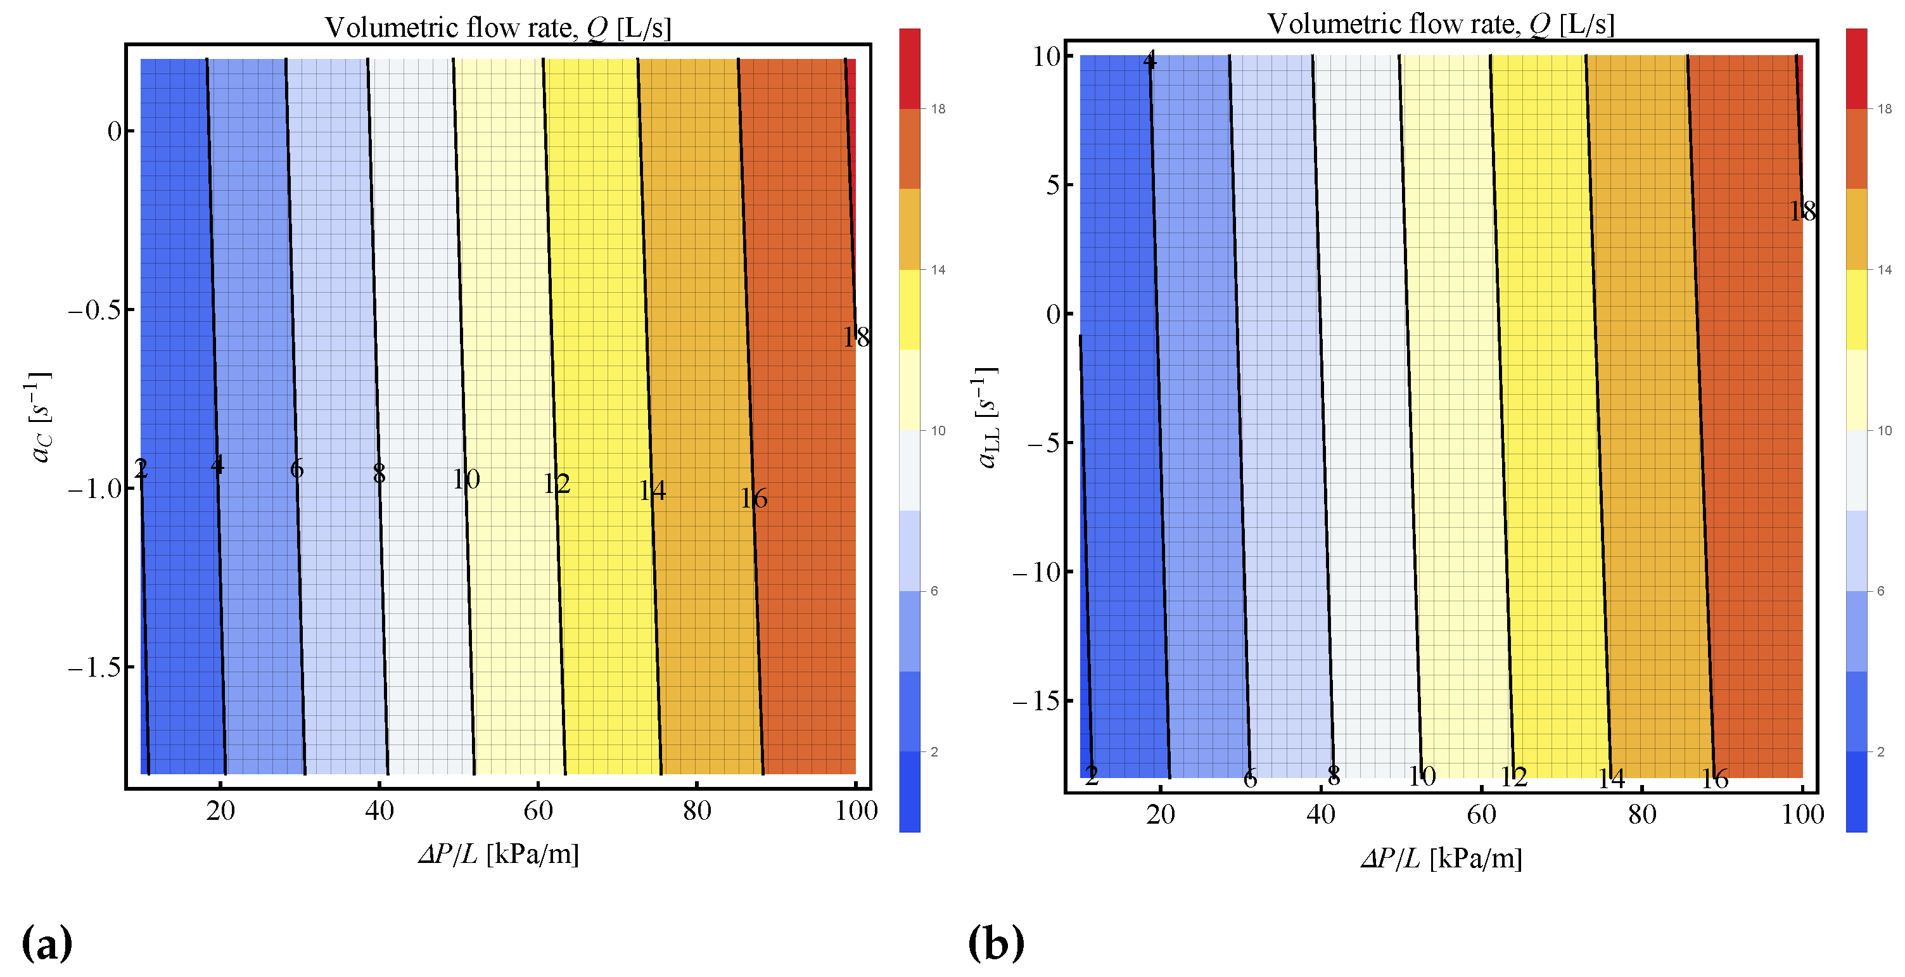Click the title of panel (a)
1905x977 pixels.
point(498,28)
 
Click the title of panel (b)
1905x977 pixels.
point(1440,25)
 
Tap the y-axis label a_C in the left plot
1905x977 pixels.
point(41,418)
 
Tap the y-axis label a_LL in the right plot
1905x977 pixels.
point(986,418)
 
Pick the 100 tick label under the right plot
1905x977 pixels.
point(1802,814)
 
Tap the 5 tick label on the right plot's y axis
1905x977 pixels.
point(1053,185)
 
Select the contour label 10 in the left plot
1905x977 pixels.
point(466,479)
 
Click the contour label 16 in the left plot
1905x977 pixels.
point(753,499)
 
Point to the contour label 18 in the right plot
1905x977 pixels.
point(1802,212)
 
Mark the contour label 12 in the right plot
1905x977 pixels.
point(1513,777)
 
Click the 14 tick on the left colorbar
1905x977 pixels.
point(938,270)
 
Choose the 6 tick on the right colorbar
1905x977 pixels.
point(1880,591)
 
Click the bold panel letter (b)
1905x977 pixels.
point(995,943)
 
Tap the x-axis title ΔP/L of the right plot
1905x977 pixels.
point(1441,859)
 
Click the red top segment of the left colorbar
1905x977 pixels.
point(910,68)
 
